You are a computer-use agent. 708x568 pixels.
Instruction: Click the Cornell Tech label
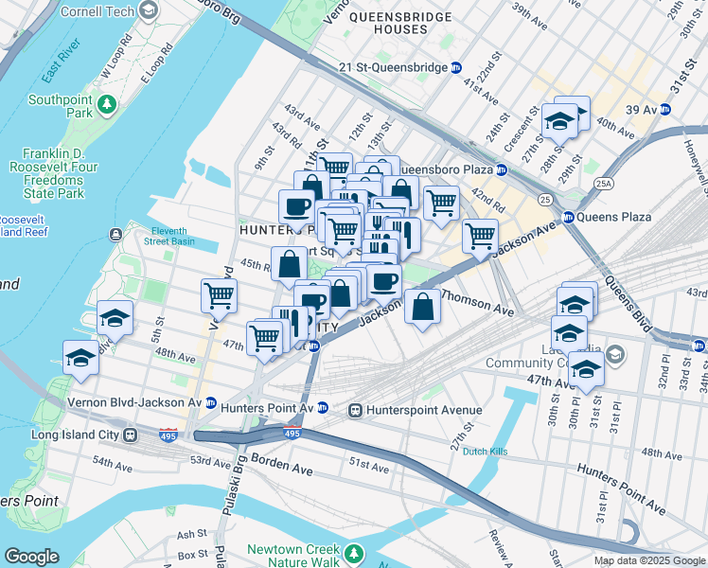click(97, 12)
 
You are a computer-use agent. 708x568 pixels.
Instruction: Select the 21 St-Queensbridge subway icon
click(456, 67)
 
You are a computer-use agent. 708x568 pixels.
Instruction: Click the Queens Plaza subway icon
click(569, 217)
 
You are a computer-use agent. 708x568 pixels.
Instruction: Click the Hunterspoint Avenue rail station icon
click(357, 410)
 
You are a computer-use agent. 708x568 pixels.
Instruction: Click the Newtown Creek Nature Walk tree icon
click(353, 552)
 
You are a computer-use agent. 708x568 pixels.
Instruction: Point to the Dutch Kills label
click(484, 452)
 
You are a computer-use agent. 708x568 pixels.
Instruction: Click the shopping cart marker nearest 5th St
click(219, 295)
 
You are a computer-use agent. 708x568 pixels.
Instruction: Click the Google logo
click(32, 557)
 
